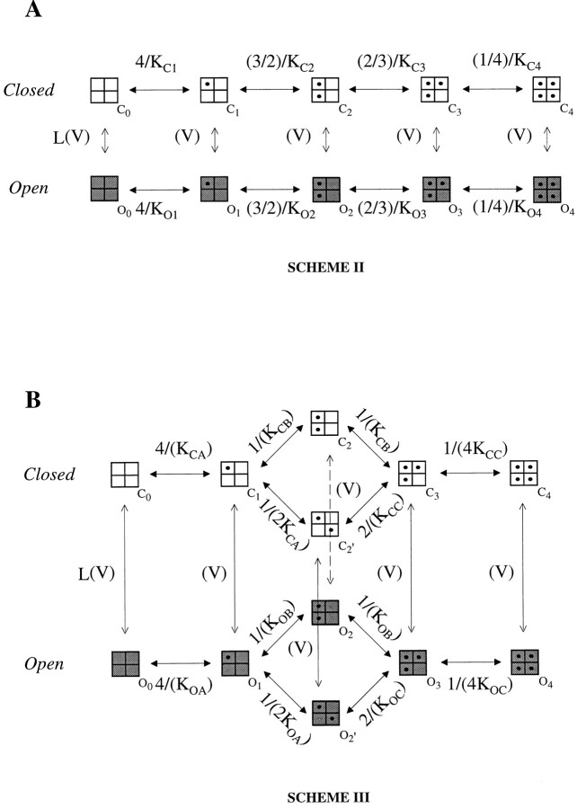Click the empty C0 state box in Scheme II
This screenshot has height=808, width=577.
click(x=104, y=90)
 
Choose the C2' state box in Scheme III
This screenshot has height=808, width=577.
click(x=324, y=523)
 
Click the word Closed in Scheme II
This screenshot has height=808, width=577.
click(x=29, y=90)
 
